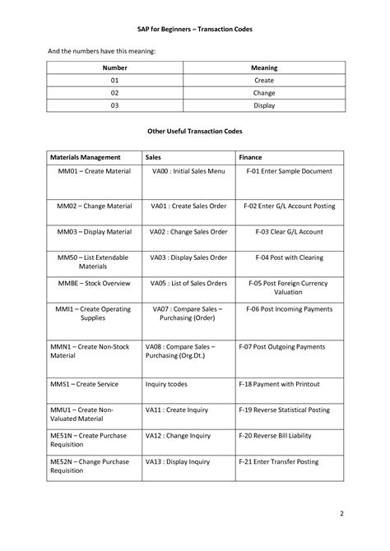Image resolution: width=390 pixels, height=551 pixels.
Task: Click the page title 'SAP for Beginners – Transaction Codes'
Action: click(x=195, y=30)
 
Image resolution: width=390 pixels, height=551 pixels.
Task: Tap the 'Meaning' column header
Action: click(x=264, y=67)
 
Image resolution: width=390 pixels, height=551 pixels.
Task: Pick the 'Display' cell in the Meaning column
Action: click(x=264, y=104)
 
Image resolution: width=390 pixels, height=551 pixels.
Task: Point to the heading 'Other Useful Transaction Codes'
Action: click(x=195, y=130)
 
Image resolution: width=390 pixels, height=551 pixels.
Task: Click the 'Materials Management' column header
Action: click(x=86, y=156)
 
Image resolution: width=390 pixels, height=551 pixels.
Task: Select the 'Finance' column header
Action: click(x=251, y=156)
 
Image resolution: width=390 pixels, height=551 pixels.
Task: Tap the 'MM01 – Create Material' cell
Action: click(x=94, y=171)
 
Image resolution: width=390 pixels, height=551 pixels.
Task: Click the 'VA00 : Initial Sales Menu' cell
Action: click(x=188, y=171)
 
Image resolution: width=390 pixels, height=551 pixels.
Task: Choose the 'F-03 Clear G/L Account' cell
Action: click(x=284, y=232)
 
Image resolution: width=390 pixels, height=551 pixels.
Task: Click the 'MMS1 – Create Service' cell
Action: click(x=84, y=384)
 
